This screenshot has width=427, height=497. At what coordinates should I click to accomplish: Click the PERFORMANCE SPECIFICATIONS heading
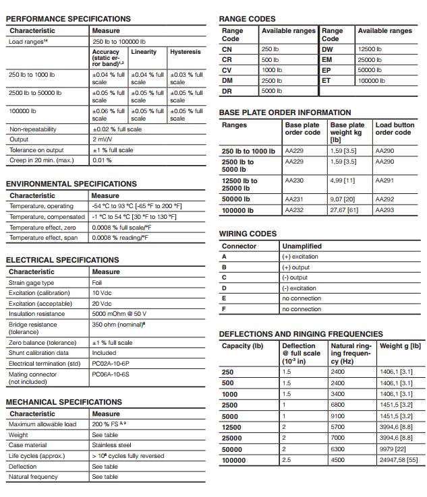pyautogui.click(x=68, y=18)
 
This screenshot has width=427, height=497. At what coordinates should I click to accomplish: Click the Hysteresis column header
pyautogui.click(x=185, y=52)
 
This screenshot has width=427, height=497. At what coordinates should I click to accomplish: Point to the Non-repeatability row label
pyautogui.click(x=33, y=129)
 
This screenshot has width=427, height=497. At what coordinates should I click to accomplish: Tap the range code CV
pyautogui.click(x=227, y=70)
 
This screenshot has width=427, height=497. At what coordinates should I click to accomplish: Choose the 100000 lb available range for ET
pyautogui.click(x=372, y=80)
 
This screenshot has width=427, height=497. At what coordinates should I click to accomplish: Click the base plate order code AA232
pyautogui.click(x=295, y=210)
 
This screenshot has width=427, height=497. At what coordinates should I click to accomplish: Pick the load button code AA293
pyautogui.click(x=385, y=210)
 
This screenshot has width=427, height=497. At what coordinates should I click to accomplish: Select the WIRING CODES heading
pyautogui.click(x=248, y=234)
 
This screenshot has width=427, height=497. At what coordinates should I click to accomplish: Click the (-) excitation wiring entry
pyautogui.click(x=299, y=288)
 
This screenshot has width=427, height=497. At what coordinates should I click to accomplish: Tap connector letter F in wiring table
pyautogui.click(x=224, y=309)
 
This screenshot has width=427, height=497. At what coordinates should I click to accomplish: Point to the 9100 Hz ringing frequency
pyautogui.click(x=338, y=416)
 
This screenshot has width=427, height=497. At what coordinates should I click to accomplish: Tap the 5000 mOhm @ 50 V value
pyautogui.click(x=119, y=314)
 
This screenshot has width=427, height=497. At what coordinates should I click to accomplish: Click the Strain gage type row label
pyautogui.click(x=31, y=283)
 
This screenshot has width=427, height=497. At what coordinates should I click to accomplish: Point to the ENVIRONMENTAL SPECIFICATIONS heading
pyautogui.click(x=71, y=183)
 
